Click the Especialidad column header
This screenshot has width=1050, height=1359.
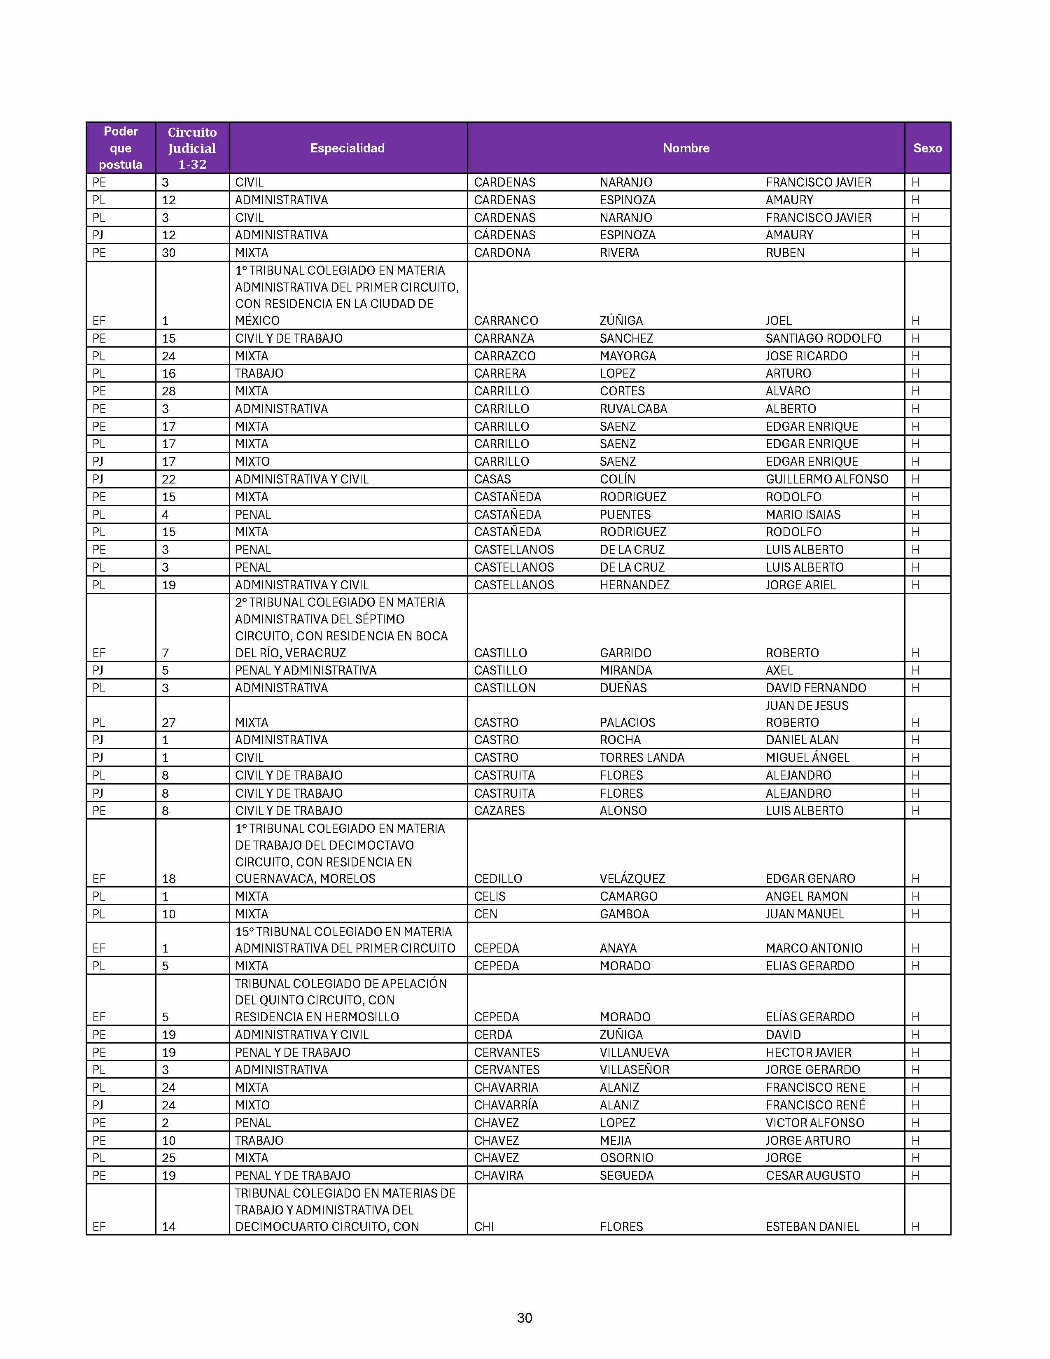347,148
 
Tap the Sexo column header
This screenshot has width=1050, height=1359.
927,148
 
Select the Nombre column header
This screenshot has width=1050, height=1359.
686,148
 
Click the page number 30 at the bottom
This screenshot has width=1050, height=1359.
524,1317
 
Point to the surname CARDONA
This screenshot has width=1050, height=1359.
502,252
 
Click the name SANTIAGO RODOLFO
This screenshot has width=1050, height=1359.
823,339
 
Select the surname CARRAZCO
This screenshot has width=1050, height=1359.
504,356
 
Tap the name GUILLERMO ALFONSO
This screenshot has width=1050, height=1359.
827,479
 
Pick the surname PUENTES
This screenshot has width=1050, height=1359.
625,515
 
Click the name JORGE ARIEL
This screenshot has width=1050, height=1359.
800,585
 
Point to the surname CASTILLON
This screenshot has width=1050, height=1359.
504,688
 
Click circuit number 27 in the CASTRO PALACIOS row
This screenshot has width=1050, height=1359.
168,722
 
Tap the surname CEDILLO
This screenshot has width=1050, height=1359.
498,879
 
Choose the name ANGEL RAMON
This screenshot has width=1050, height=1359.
807,896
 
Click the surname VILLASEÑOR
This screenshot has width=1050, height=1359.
635,1069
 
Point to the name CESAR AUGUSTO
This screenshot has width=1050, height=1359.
813,1175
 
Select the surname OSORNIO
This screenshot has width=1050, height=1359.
626,1158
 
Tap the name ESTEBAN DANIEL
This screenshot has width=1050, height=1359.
812,1226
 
